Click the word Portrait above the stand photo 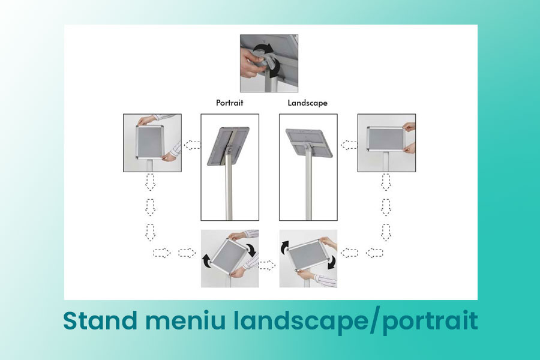click(229, 103)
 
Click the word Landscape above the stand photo click(308, 103)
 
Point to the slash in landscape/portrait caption click(373, 322)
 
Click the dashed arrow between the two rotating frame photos click(266, 265)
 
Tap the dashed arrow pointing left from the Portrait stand click(192, 145)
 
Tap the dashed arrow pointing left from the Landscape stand click(349, 145)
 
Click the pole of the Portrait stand click(229, 186)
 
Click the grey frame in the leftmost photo click(150, 143)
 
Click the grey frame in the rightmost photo click(385, 139)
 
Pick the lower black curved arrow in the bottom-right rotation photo click(332, 263)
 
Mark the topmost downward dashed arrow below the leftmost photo click(150, 182)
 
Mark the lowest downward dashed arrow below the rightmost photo click(386, 233)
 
